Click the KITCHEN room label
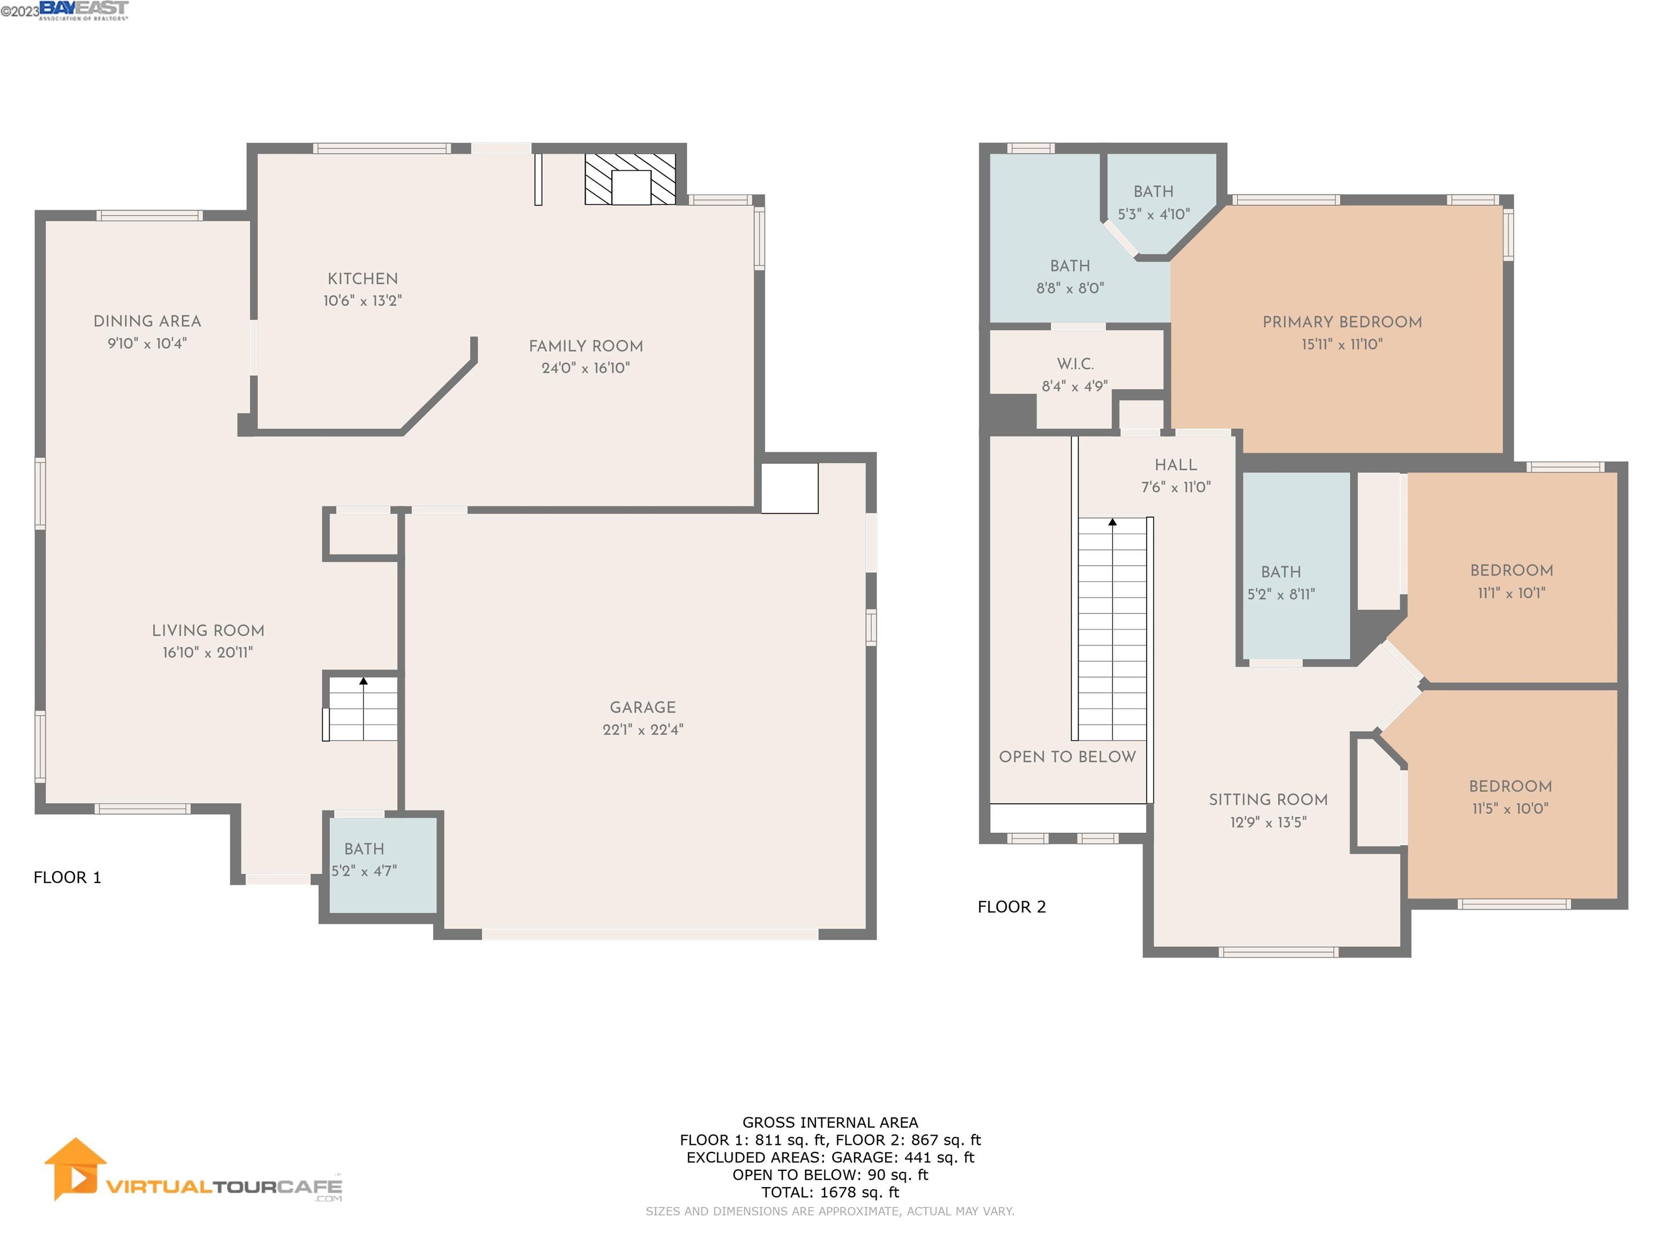363,279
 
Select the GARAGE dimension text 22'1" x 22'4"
643,730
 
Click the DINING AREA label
147,321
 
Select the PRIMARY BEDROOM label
1342,322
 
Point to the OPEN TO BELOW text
1067,757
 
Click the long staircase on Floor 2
1112,631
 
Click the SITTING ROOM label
1268,800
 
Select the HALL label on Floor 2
1176,465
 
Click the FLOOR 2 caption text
1012,906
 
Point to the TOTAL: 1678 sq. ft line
830,1192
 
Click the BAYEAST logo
83,10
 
